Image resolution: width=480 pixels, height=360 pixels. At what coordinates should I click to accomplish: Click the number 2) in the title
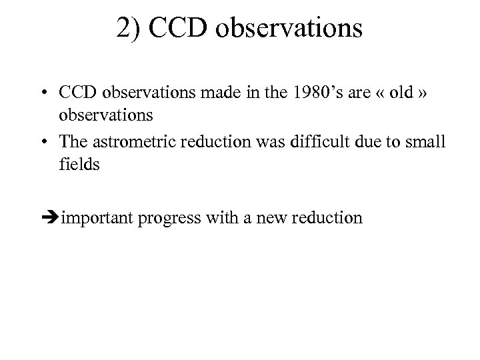pyautogui.click(x=128, y=29)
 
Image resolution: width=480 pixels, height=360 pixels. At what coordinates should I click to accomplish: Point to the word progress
pyautogui.click(x=169, y=218)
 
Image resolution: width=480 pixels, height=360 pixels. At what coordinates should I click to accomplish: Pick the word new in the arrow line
pyautogui.click(x=269, y=218)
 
